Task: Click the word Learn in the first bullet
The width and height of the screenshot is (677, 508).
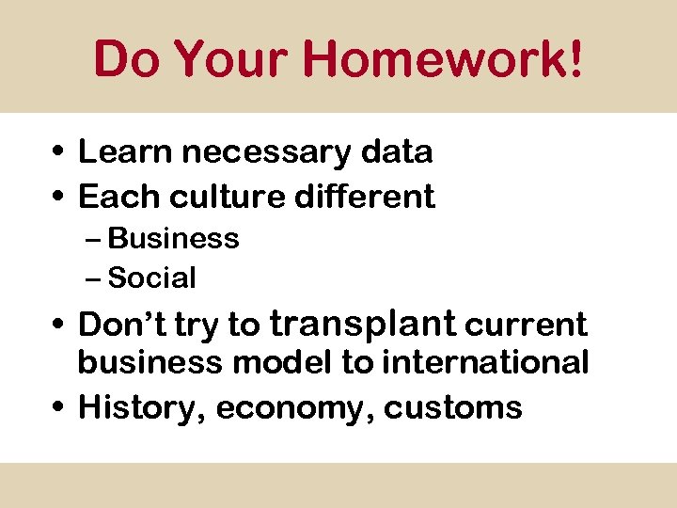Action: tap(121, 151)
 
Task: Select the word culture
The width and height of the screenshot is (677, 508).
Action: tap(222, 197)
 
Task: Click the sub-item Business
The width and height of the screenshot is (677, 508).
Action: tap(174, 239)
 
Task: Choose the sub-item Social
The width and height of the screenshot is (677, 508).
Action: tap(152, 278)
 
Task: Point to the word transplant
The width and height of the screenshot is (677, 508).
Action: tap(363, 325)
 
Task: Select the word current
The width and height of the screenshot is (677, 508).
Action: tap(527, 325)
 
